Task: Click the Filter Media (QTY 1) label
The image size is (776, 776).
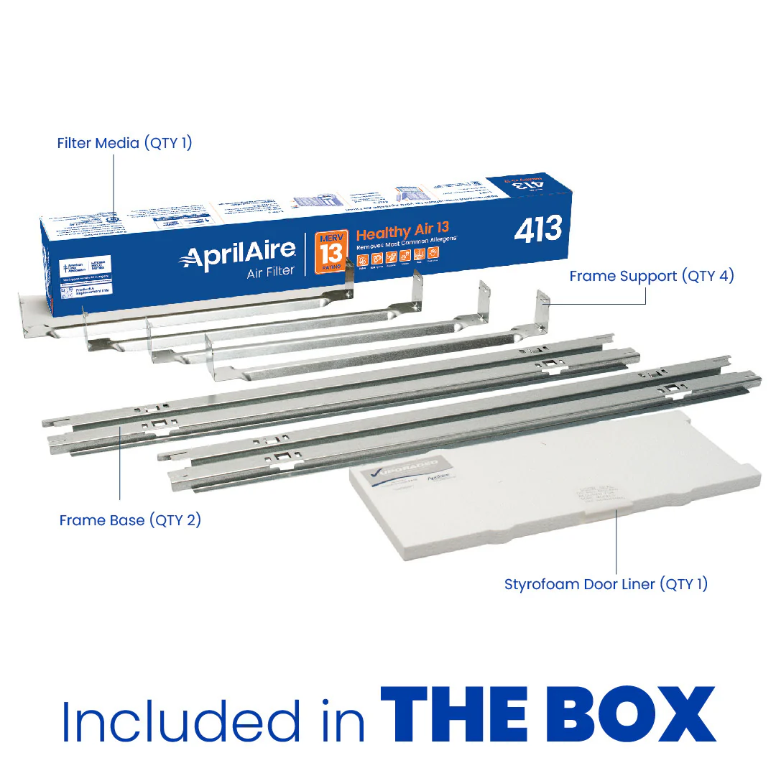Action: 124,143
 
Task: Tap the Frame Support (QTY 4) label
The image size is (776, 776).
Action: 652,276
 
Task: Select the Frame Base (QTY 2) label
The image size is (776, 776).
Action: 130,519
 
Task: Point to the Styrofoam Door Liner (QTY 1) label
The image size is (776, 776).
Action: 606,583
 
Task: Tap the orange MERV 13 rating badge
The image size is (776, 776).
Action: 332,251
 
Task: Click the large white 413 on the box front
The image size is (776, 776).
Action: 538,229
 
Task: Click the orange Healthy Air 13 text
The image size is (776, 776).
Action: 402,234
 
